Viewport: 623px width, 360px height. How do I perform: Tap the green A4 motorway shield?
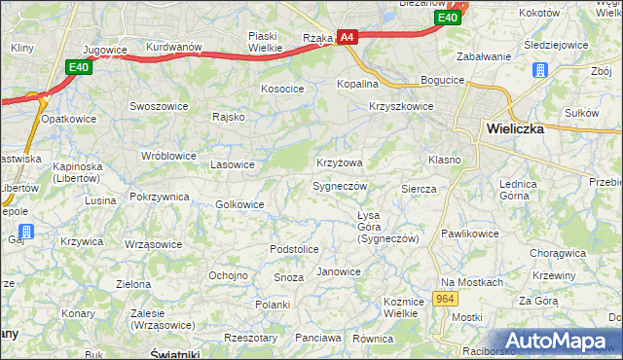(x=348, y=38)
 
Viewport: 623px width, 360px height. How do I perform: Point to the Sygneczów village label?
(x=340, y=185)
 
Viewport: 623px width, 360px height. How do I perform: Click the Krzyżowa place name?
(x=340, y=162)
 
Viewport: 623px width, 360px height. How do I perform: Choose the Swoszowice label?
(x=160, y=104)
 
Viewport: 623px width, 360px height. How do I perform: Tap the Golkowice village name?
(x=239, y=204)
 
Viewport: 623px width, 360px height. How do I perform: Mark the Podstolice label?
(x=294, y=250)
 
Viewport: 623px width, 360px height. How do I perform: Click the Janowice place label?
(x=339, y=271)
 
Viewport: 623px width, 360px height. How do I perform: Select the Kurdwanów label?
(x=173, y=47)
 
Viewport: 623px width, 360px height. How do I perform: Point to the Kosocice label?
(x=282, y=89)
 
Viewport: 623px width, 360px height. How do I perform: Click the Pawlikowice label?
(x=469, y=234)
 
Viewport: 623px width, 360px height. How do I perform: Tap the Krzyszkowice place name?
(x=401, y=106)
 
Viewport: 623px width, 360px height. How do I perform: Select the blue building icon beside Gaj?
(x=27, y=232)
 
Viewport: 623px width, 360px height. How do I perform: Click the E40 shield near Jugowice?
(x=80, y=66)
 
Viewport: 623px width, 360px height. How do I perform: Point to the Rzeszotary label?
(x=250, y=338)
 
